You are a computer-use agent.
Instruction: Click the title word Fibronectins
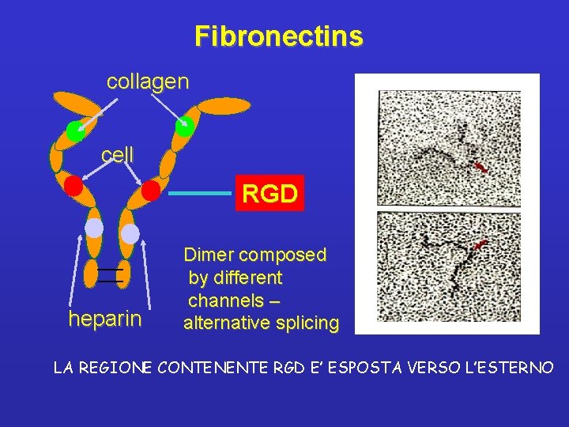(279, 36)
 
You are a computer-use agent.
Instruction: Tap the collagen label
(148, 81)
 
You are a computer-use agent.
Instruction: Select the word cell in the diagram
(118, 154)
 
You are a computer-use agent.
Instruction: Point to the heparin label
(105, 319)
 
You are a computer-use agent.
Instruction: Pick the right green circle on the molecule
(184, 126)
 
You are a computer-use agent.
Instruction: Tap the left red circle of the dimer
(73, 187)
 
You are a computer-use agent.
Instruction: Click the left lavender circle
(94, 228)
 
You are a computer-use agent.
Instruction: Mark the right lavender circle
(130, 234)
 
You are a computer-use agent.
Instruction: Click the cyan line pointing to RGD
(200, 193)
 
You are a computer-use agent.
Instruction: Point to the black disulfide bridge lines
(111, 275)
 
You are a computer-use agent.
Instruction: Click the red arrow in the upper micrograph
(479, 168)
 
